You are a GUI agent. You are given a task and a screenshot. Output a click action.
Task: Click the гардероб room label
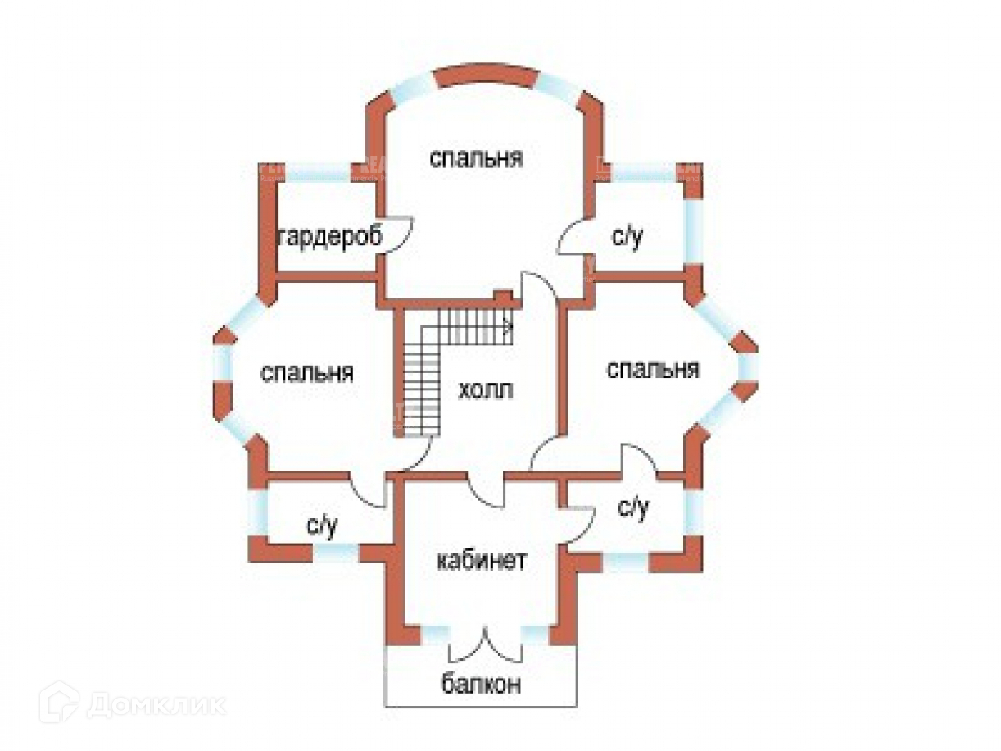tap(331, 238)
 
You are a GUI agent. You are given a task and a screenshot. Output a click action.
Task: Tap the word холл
tap(487, 390)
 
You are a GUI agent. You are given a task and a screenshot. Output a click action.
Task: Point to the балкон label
tap(482, 684)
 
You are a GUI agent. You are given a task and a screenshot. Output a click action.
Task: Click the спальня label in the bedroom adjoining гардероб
tap(477, 158)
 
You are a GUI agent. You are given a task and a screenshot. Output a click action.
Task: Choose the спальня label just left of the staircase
tap(307, 373)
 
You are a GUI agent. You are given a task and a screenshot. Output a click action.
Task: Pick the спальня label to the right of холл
tap(653, 370)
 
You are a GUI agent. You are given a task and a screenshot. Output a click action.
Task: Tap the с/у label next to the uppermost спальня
tap(628, 238)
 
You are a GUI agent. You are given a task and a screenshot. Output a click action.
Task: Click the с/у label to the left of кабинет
tap(322, 526)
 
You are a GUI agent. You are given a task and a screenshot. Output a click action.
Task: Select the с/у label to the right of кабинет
tap(633, 509)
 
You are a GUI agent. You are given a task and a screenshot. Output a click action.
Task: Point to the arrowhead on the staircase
tap(509, 326)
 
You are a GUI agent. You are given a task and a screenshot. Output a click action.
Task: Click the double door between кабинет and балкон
tap(487, 646)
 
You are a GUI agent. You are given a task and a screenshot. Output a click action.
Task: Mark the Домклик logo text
tap(156, 704)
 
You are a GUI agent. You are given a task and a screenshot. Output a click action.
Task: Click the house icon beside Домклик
tap(59, 703)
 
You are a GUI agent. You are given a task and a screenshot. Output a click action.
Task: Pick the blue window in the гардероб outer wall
tap(315, 172)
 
